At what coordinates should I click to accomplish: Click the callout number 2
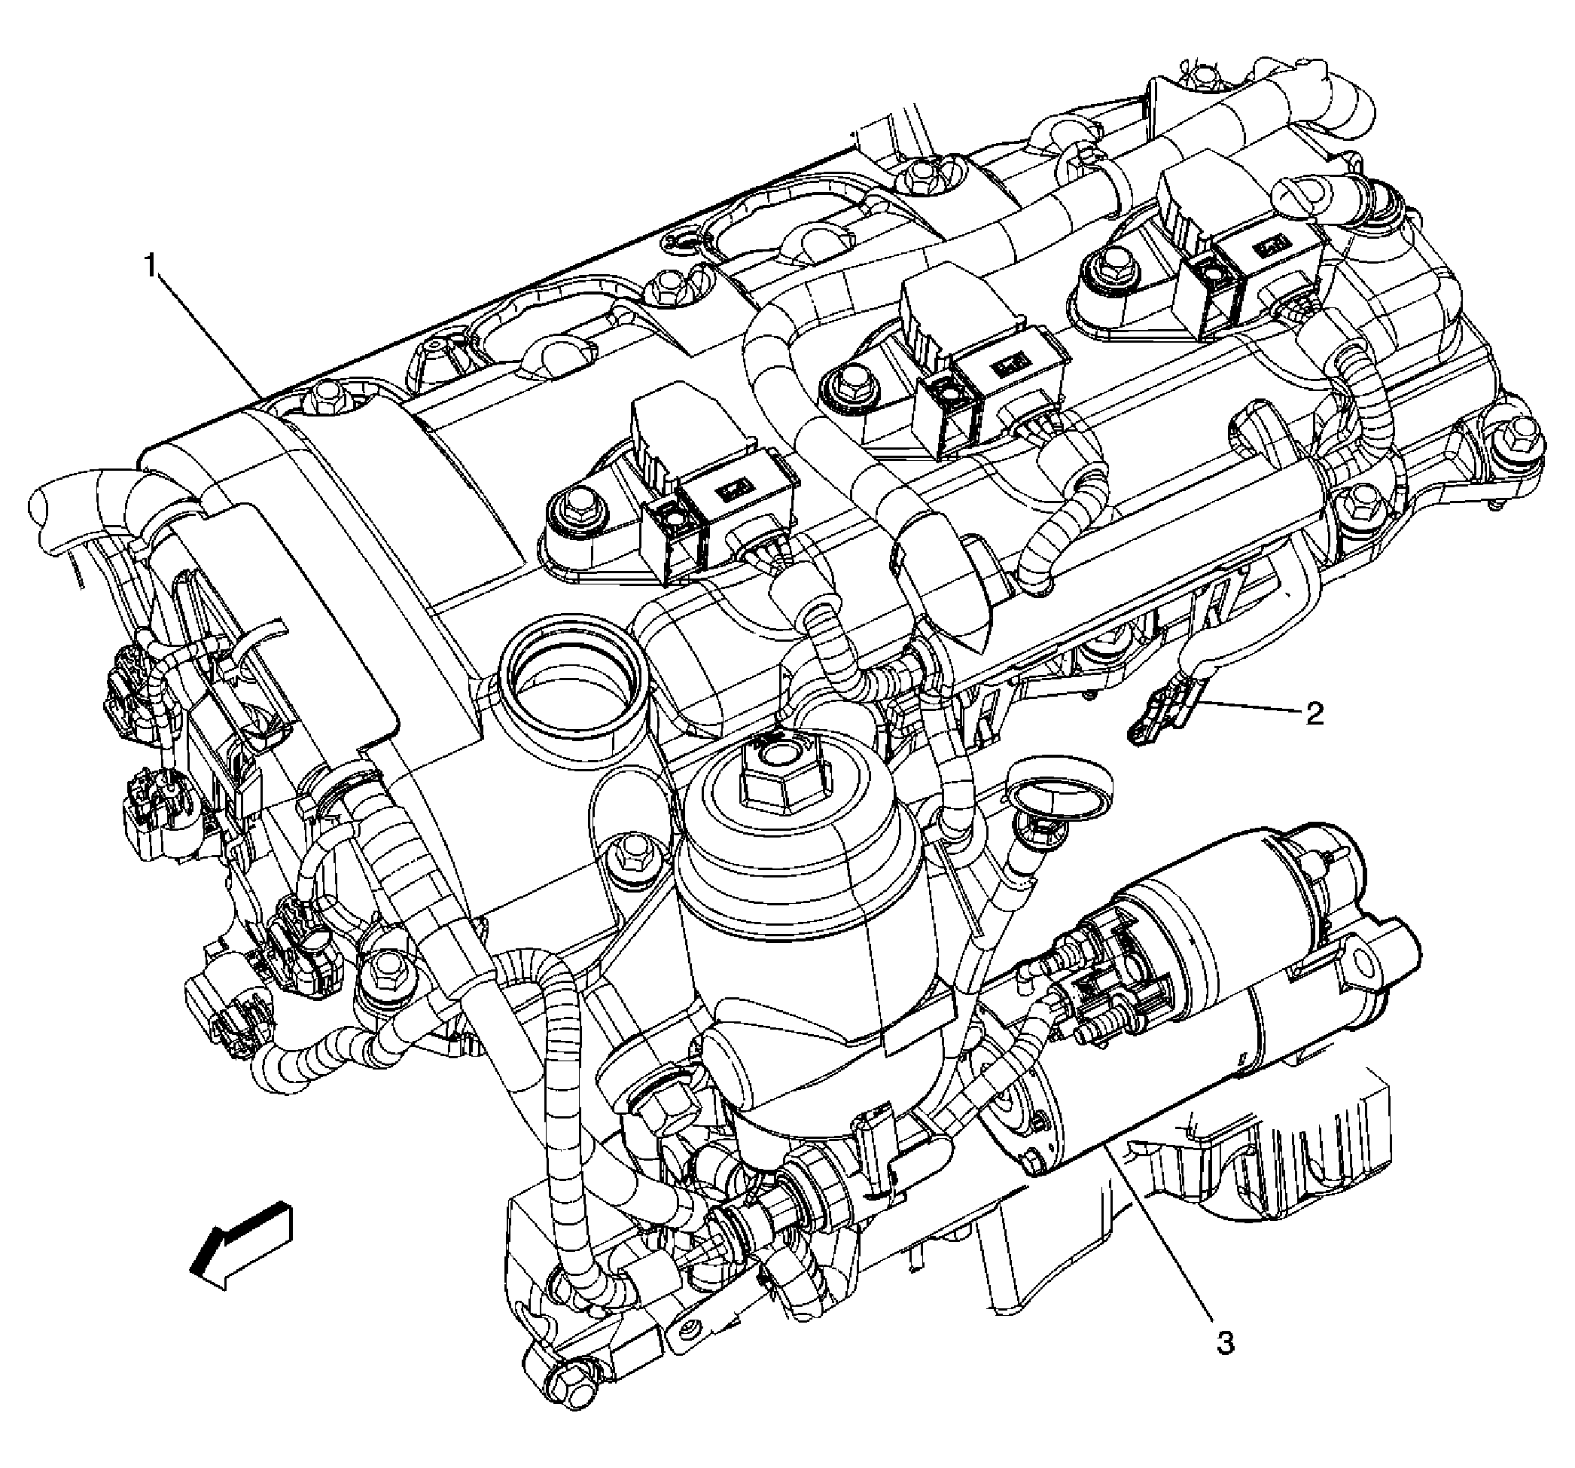click(x=1314, y=714)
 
